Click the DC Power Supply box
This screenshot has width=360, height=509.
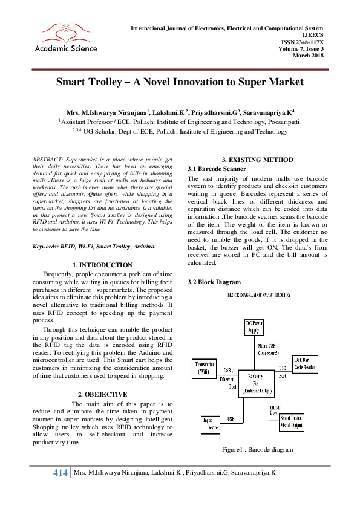(254, 327)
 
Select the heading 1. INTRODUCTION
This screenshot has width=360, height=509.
(102, 265)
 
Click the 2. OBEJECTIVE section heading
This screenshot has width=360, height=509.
(102, 394)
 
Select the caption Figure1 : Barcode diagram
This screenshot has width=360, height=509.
(257, 449)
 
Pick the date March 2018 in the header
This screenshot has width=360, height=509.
(308, 56)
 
